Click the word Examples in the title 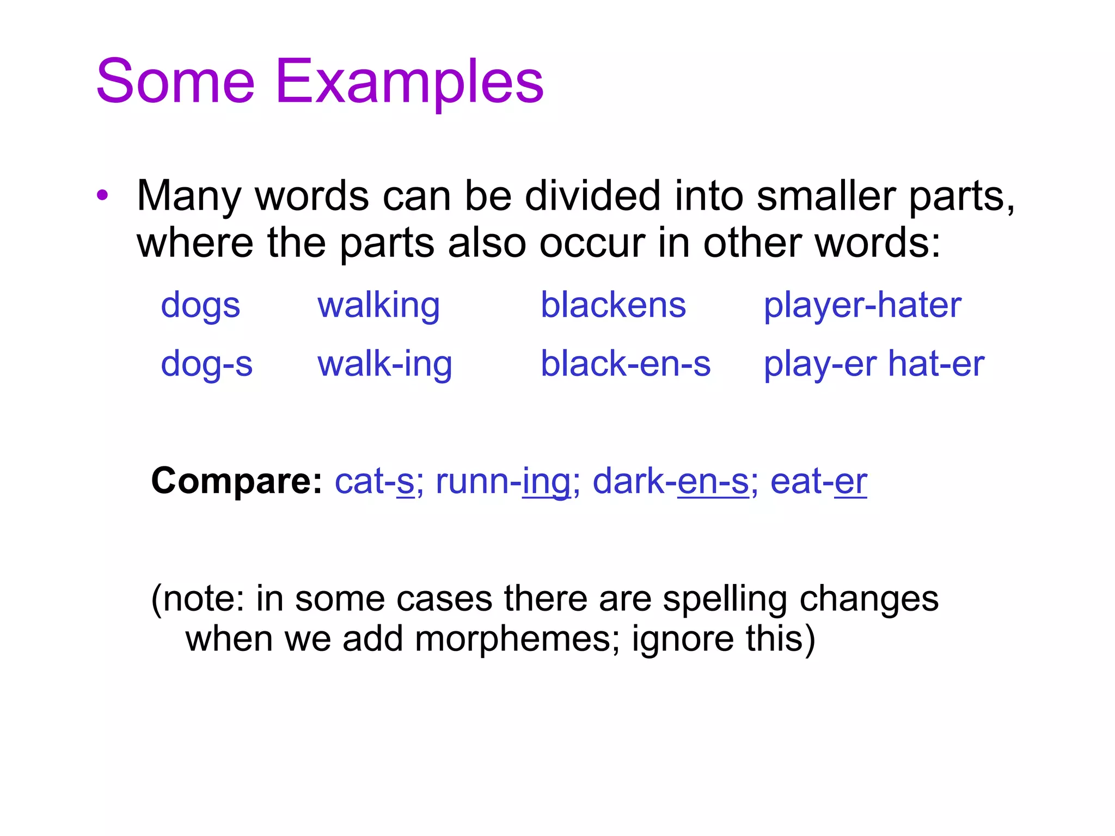pyautogui.click(x=409, y=82)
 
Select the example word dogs pyautogui.click(x=200, y=306)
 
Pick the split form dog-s pyautogui.click(x=206, y=365)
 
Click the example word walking pyautogui.click(x=378, y=306)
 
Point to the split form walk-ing pyautogui.click(x=384, y=365)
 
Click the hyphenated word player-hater pyautogui.click(x=862, y=306)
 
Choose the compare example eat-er pyautogui.click(x=818, y=482)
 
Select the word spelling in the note pyautogui.click(x=725, y=600)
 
